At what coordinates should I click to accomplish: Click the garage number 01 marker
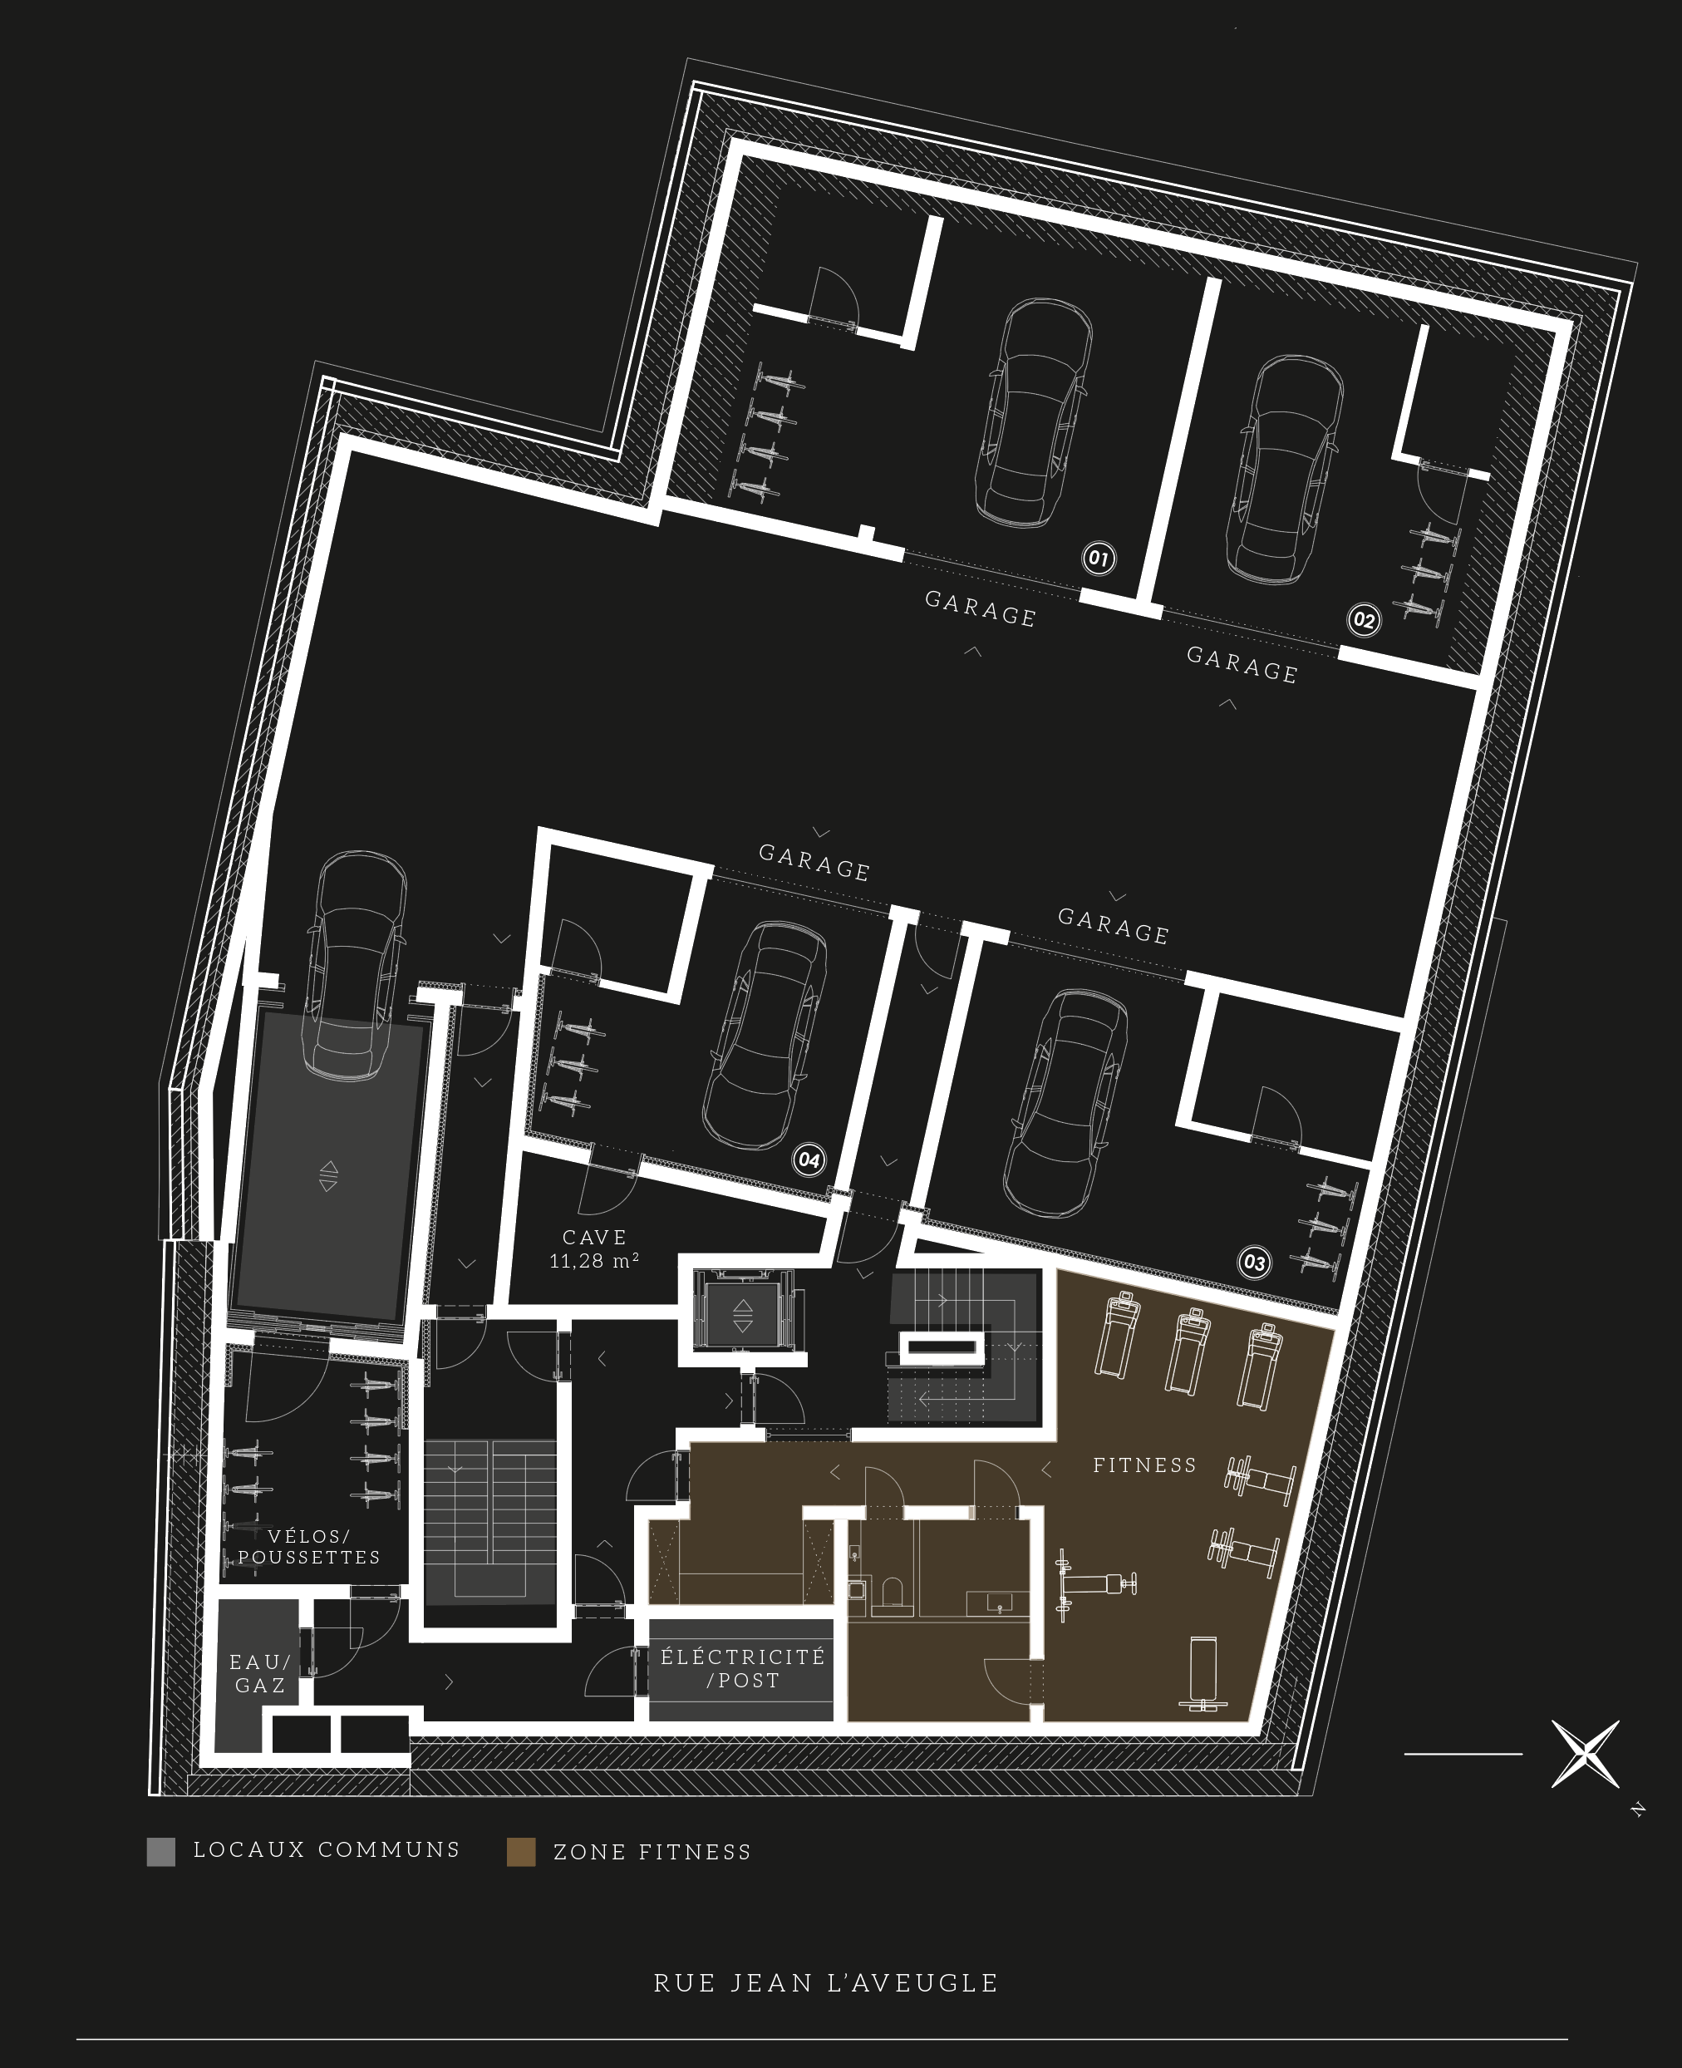(x=1099, y=559)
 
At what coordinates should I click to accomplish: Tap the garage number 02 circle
(x=1363, y=619)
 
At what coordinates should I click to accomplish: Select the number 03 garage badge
(x=1254, y=1263)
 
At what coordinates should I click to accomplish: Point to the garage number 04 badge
(x=809, y=1160)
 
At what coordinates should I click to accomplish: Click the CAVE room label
(x=595, y=1238)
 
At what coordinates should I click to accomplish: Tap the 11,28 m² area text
(x=594, y=1261)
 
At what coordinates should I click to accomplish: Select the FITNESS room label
(x=1145, y=1465)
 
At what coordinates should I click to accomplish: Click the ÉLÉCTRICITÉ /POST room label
(x=742, y=1669)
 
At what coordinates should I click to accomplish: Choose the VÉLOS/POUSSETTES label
(x=309, y=1547)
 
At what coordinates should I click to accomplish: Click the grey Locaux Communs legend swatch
(x=161, y=1852)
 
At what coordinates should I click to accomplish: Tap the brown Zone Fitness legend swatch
(x=521, y=1852)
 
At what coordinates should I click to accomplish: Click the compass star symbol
(x=1585, y=1754)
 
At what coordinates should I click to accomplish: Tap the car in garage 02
(x=1285, y=469)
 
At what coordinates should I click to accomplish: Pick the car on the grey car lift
(x=355, y=965)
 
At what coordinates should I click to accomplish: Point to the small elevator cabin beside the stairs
(x=742, y=1313)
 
